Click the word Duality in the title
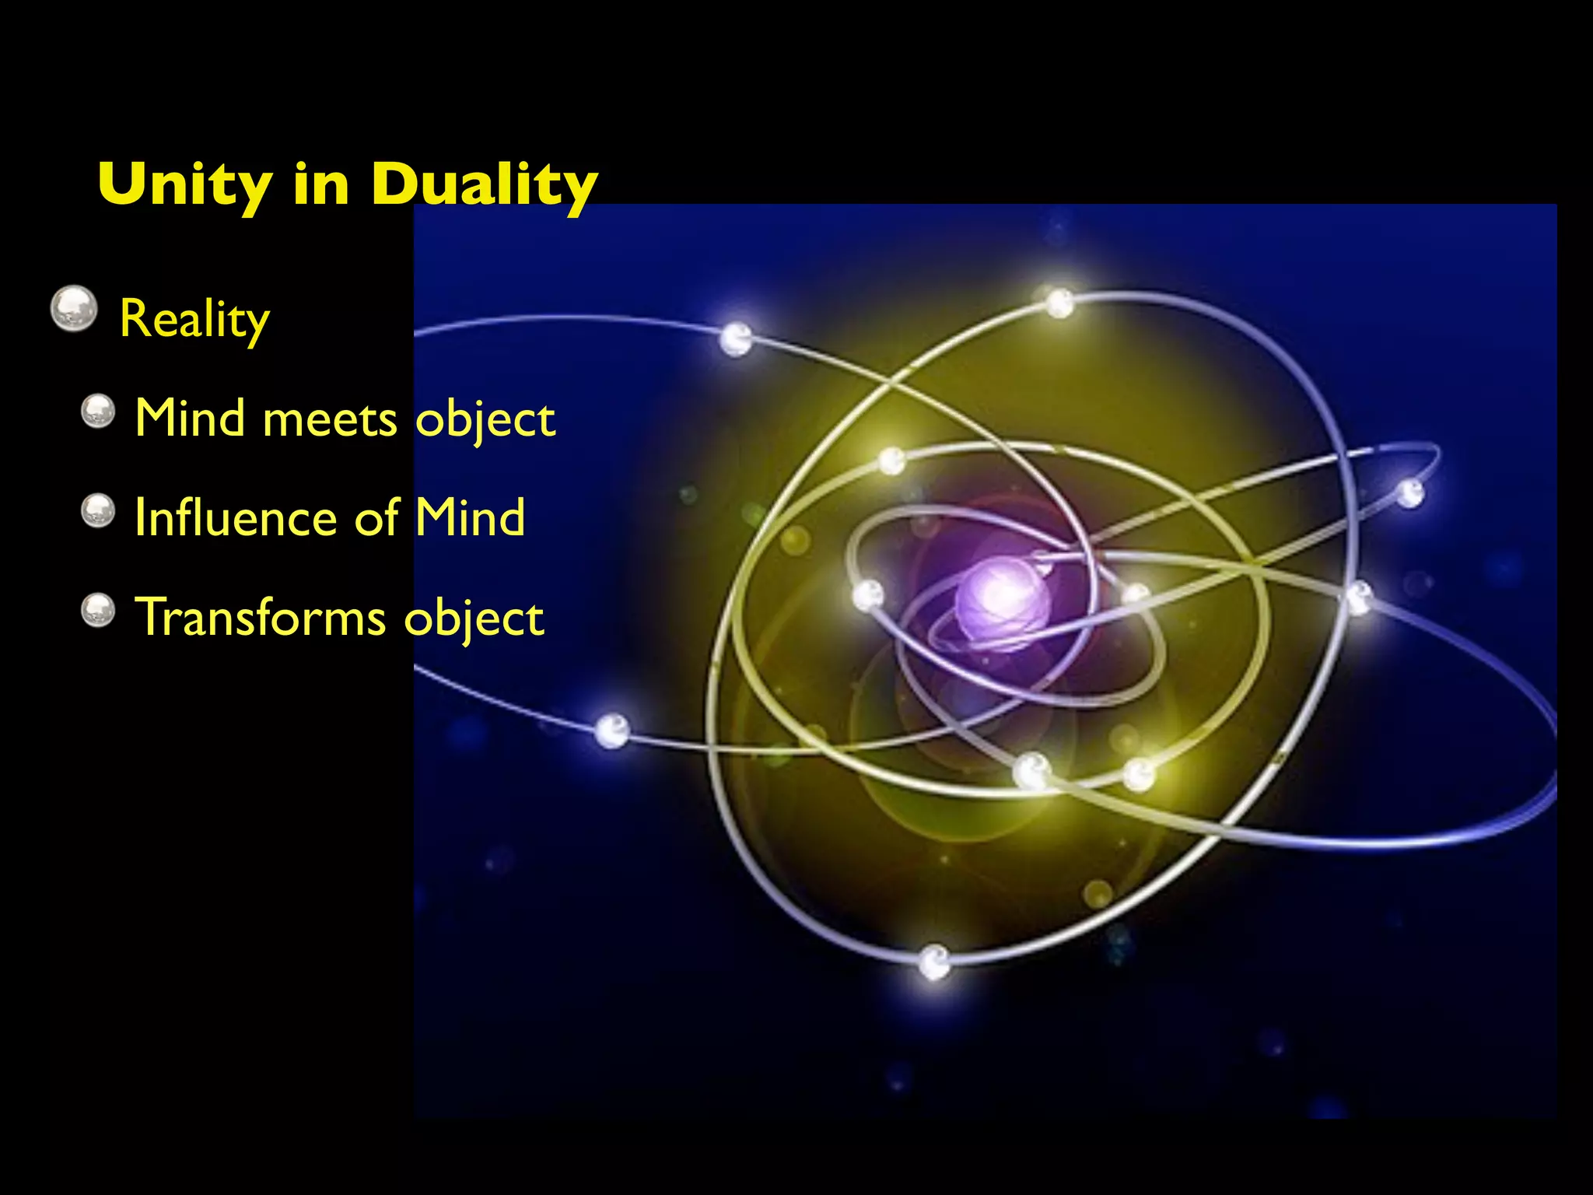pyautogui.click(x=484, y=185)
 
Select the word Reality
pyautogui.click(x=194, y=319)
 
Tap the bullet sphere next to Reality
pyautogui.click(x=74, y=308)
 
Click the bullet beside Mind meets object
pyautogui.click(x=98, y=412)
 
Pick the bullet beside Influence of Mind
pyautogui.click(x=98, y=511)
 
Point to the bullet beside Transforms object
pyautogui.click(x=98, y=610)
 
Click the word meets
pyautogui.click(x=331, y=420)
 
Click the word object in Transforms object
pyautogui.click(x=474, y=619)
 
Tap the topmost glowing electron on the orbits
pyautogui.click(x=1059, y=303)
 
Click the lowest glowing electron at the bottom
pyautogui.click(x=934, y=962)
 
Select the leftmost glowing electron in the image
pyautogui.click(x=612, y=731)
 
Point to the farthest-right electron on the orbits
pyautogui.click(x=1410, y=492)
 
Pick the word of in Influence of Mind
pyautogui.click(x=377, y=519)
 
